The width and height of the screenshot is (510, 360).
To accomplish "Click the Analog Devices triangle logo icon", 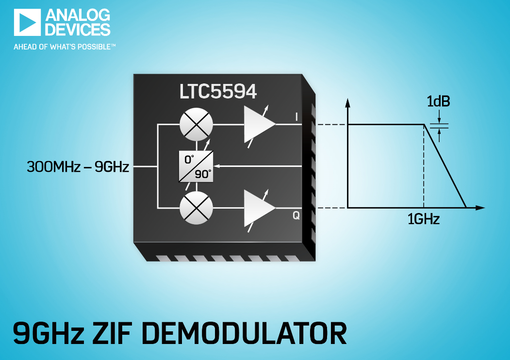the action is pyautogui.click(x=27, y=22).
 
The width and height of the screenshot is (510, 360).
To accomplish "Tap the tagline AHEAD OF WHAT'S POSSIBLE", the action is pyautogui.click(x=65, y=47).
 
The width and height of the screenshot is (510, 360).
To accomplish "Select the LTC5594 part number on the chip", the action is pyautogui.click(x=218, y=91).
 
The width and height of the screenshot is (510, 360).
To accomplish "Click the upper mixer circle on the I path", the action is pyautogui.click(x=197, y=125).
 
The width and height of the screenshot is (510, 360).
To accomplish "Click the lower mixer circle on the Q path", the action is pyautogui.click(x=197, y=208).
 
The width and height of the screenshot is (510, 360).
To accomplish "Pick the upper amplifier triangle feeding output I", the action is pyautogui.click(x=259, y=124).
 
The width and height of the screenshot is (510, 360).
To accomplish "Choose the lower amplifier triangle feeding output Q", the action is pyautogui.click(x=259, y=208).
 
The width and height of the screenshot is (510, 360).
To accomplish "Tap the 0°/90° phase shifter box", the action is pyautogui.click(x=196, y=166).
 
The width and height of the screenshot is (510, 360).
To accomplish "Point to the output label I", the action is pyautogui.click(x=296, y=117).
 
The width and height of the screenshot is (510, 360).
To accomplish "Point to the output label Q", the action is pyautogui.click(x=296, y=215).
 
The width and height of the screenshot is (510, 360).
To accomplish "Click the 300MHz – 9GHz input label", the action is pyautogui.click(x=78, y=167).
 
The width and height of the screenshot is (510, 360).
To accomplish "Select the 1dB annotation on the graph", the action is pyautogui.click(x=439, y=101).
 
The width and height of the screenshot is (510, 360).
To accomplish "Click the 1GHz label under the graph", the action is pyautogui.click(x=424, y=219).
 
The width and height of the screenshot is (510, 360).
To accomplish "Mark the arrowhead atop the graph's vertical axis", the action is pyautogui.click(x=348, y=103).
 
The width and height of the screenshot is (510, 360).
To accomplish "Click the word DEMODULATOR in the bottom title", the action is pyautogui.click(x=244, y=333).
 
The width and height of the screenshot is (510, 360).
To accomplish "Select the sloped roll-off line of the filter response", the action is pyautogui.click(x=445, y=166).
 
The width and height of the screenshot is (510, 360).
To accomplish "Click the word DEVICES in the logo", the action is pyautogui.click(x=78, y=29).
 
